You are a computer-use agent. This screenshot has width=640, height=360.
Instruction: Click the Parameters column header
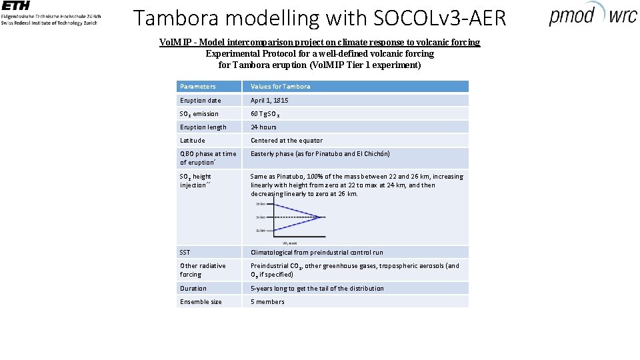pyautogui.click(x=197, y=87)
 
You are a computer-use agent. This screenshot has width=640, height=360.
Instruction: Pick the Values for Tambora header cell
pyautogui.click(x=280, y=87)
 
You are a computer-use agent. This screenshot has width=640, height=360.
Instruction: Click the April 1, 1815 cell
pyautogui.click(x=269, y=101)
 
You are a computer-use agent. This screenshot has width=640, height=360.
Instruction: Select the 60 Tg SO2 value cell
pyautogui.click(x=268, y=114)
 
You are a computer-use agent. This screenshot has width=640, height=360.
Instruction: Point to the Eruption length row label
pyautogui.click(x=203, y=127)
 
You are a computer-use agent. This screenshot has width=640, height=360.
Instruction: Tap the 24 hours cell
pyautogui.click(x=263, y=127)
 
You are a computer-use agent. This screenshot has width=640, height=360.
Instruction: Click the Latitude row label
pyautogui.click(x=192, y=141)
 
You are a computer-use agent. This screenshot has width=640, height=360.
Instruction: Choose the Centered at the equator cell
pyautogui.click(x=286, y=141)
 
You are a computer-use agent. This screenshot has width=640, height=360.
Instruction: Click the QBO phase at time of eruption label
pyautogui.click(x=207, y=158)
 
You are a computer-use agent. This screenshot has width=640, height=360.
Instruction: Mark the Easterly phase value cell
pyautogui.click(x=320, y=154)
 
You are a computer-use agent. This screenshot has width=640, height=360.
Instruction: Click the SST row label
pyautogui.click(x=185, y=253)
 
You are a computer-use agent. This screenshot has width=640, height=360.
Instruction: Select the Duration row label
pyautogui.click(x=193, y=289)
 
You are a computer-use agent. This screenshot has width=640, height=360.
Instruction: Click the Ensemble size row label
pyautogui.click(x=200, y=302)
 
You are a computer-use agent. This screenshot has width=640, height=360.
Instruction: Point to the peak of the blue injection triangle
pyautogui.click(x=323, y=217)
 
